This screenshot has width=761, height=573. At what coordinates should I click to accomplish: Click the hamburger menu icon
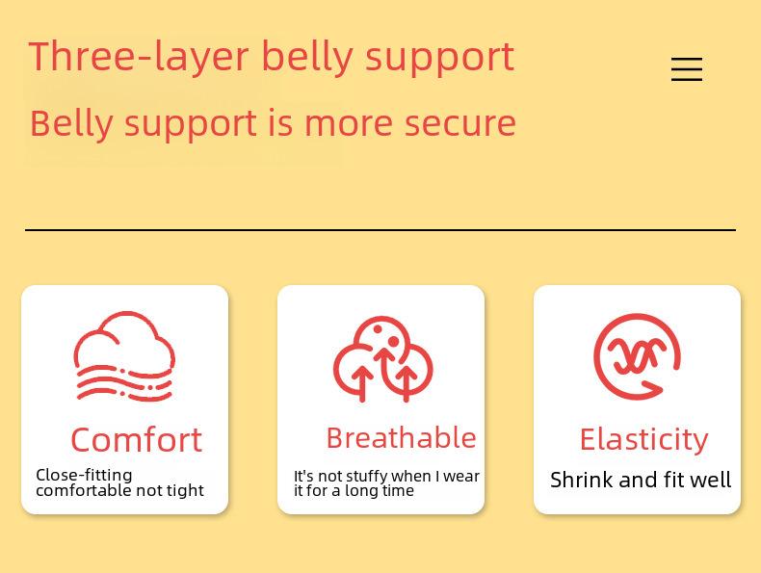pos(687,69)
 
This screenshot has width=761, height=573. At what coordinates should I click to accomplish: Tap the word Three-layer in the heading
pos(139,57)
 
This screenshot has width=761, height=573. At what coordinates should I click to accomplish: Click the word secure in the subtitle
pos(460,123)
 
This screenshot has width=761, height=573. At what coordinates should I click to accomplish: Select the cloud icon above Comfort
pos(124,356)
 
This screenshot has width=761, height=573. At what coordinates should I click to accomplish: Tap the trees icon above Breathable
pos(382,359)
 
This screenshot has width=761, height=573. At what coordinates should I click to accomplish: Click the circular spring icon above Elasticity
pos(637,357)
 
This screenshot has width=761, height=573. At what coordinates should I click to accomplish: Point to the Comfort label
pos(137,440)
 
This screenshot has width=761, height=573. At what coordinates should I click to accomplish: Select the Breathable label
pos(402,437)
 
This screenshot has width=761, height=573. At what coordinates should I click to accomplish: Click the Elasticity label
pos(644,439)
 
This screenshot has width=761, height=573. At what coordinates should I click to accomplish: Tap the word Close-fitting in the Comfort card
pos(84,475)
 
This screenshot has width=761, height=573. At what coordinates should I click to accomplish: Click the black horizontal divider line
pos(380,229)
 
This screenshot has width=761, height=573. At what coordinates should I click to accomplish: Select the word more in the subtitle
pos(349,123)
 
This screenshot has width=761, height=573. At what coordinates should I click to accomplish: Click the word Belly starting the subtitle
pos(71,123)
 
